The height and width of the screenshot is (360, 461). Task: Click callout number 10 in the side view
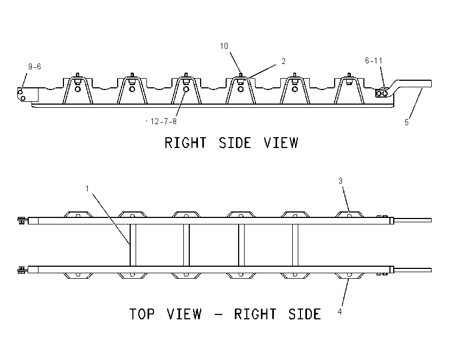224,46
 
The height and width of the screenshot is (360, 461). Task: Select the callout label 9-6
35,67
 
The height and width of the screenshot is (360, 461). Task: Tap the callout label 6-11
374,61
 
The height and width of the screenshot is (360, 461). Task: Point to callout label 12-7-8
163,121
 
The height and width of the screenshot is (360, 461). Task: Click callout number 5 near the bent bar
407,123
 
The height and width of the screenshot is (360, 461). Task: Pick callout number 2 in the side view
284,61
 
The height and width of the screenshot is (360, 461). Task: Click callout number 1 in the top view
87,188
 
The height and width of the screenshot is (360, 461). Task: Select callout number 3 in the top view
341,181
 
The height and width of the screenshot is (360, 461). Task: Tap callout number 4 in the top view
340,312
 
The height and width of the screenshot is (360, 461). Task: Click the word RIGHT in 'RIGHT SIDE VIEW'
185,143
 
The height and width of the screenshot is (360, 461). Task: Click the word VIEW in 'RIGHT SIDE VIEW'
281,143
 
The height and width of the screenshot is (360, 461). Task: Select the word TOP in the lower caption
142,314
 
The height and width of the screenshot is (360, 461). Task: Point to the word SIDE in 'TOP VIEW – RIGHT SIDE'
305,314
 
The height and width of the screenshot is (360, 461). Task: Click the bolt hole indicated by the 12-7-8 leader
186,89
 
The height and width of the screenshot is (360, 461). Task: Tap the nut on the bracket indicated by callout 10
240,82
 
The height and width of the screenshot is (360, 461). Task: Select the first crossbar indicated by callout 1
133,245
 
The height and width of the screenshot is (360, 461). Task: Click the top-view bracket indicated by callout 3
350,215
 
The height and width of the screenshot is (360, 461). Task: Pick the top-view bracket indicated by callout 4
350,275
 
